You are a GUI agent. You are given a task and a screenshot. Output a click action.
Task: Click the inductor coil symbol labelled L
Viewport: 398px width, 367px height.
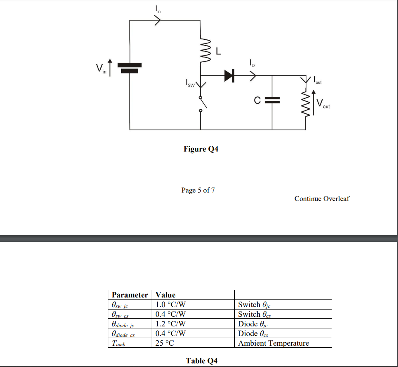[x=205, y=50]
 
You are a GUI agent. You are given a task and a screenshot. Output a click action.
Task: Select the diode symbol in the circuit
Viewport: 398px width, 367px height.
[x=229, y=75]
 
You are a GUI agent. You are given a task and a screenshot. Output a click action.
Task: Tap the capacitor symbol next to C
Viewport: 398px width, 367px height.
[x=272, y=100]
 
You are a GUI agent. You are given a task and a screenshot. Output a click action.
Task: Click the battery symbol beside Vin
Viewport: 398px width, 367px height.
[x=130, y=68]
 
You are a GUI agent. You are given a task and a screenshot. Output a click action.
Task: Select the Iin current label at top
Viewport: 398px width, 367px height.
[x=158, y=9]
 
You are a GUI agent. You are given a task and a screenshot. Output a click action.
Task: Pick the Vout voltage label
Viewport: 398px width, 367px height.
[x=323, y=104]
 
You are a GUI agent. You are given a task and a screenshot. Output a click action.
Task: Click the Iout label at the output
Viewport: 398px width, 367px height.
[x=317, y=80]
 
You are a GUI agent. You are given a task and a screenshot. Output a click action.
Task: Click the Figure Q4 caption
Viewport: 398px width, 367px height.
[x=201, y=149]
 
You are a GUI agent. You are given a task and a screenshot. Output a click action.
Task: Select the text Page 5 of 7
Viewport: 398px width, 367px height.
[x=198, y=190]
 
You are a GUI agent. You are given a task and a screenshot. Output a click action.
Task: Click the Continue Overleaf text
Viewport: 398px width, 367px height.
[x=322, y=199]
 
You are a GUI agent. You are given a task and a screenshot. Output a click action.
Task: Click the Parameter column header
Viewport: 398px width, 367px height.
[x=130, y=295]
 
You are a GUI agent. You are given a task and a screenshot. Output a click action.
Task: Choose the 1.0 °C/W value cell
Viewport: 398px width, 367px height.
[x=171, y=304]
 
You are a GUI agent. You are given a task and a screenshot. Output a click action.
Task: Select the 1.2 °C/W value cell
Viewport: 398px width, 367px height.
[x=171, y=324]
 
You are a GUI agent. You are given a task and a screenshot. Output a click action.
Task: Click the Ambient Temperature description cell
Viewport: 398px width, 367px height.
[x=274, y=343]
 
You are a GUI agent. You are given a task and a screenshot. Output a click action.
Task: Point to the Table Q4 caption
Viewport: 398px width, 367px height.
[x=201, y=361]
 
